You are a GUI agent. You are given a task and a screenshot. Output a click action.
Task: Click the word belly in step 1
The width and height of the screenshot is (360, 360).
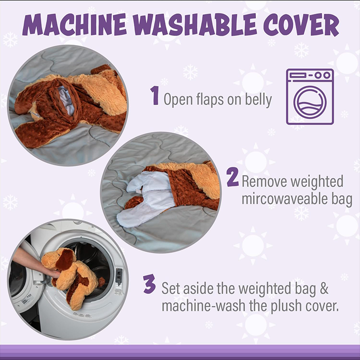coord(259,100)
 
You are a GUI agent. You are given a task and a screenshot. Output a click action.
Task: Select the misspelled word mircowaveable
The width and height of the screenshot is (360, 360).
coord(297,199)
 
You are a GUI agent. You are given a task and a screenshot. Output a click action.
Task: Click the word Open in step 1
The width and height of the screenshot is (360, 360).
coord(178,100)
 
